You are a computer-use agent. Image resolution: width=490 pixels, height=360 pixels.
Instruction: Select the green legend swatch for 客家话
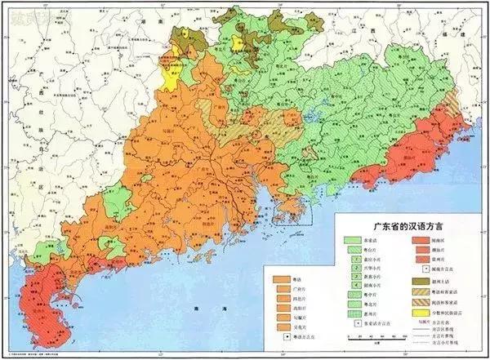pyautogui.click(x=352, y=242)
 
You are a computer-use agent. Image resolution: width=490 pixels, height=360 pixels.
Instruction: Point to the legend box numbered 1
pyautogui.click(x=352, y=255)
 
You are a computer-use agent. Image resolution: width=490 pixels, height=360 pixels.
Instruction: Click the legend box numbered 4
pyautogui.click(x=352, y=289)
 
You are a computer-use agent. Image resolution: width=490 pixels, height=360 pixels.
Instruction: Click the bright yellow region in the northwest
pyautogui.click(x=174, y=76)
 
